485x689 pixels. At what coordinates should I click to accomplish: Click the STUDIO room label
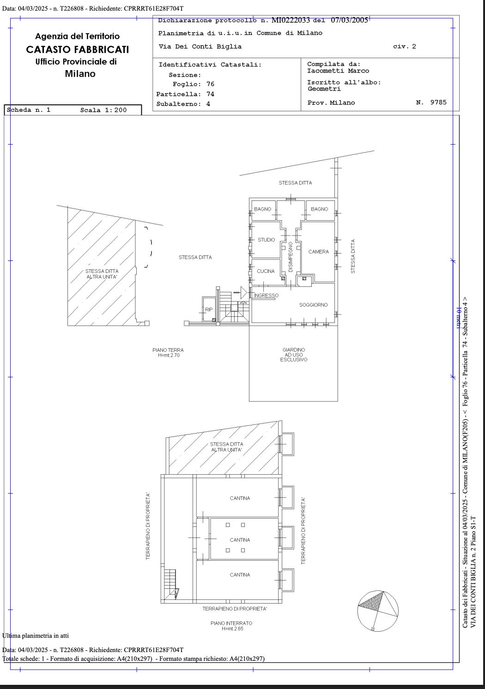(x=266, y=240)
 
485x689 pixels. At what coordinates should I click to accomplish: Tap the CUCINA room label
(x=266, y=271)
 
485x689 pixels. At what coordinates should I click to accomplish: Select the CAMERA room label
(x=319, y=252)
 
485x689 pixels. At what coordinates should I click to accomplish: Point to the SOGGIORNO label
(x=313, y=305)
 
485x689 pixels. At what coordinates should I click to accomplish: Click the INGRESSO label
(x=266, y=295)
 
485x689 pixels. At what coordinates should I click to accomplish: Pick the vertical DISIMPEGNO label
(x=291, y=257)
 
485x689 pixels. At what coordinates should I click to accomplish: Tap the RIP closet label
(x=209, y=309)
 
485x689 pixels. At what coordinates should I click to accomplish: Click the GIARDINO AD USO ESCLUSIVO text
(x=294, y=355)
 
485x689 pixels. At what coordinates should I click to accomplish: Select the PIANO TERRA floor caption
(x=168, y=352)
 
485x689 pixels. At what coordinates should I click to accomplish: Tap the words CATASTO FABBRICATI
(x=77, y=49)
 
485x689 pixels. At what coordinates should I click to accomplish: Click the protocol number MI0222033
(x=291, y=20)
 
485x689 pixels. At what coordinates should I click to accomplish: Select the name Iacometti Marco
(x=338, y=71)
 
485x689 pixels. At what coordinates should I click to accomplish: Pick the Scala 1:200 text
(x=103, y=110)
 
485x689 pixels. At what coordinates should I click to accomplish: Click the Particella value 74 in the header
(x=210, y=94)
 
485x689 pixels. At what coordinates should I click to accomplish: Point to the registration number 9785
(x=438, y=102)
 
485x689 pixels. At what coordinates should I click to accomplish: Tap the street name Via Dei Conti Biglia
(x=200, y=47)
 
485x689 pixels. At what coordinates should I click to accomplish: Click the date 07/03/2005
(x=350, y=20)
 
